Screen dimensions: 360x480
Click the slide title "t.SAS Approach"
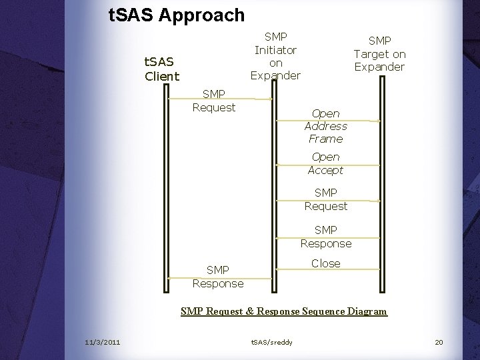[177, 15]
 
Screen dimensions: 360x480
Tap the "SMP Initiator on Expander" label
[275, 56]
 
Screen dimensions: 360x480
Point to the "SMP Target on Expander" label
[379, 54]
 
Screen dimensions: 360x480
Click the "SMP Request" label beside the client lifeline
[214, 101]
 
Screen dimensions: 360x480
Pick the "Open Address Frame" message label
[325, 126]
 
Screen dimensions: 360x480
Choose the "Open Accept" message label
[325, 163]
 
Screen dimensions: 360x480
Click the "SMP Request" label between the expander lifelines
[325, 200]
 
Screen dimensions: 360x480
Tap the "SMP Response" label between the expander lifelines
[325, 237]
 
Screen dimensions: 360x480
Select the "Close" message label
[325, 263]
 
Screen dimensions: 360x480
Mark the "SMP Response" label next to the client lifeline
[218, 277]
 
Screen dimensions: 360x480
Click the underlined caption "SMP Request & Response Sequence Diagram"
[283, 311]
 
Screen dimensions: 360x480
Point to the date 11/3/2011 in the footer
[103, 342]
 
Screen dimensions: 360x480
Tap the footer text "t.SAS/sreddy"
[271, 342]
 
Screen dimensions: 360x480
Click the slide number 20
[438, 342]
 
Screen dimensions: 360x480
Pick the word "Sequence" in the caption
[324, 311]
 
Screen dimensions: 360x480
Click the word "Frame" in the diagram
[325, 139]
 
